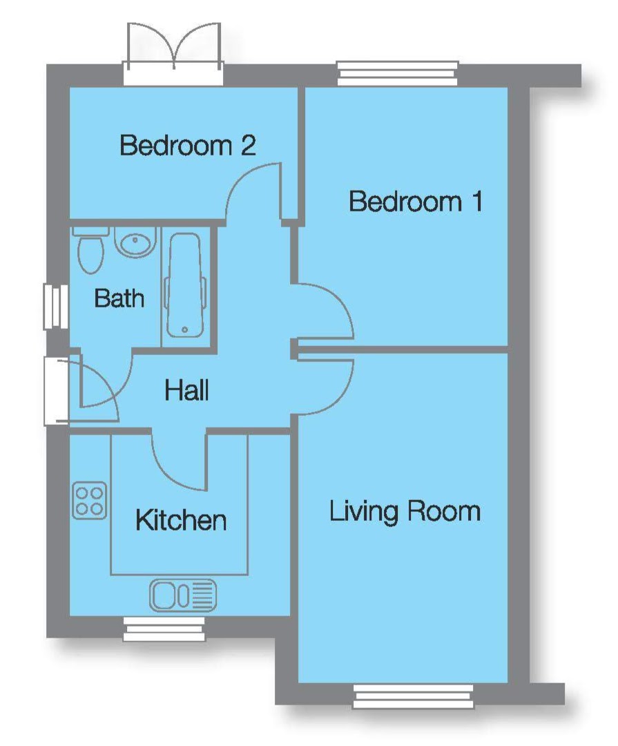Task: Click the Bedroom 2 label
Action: point(188,146)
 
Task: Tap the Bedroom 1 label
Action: point(415,202)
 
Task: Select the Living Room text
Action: point(405,512)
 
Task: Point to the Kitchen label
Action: point(181,520)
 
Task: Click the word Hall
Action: point(186,391)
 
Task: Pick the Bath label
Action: point(119,298)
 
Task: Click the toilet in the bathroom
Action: point(90,251)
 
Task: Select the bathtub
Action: point(184,285)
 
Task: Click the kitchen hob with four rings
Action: point(90,501)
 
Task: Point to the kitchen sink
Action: point(183,594)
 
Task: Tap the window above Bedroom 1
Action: point(398,73)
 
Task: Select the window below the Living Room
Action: point(414,696)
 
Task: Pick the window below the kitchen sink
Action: point(164,629)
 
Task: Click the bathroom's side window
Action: point(55,306)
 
